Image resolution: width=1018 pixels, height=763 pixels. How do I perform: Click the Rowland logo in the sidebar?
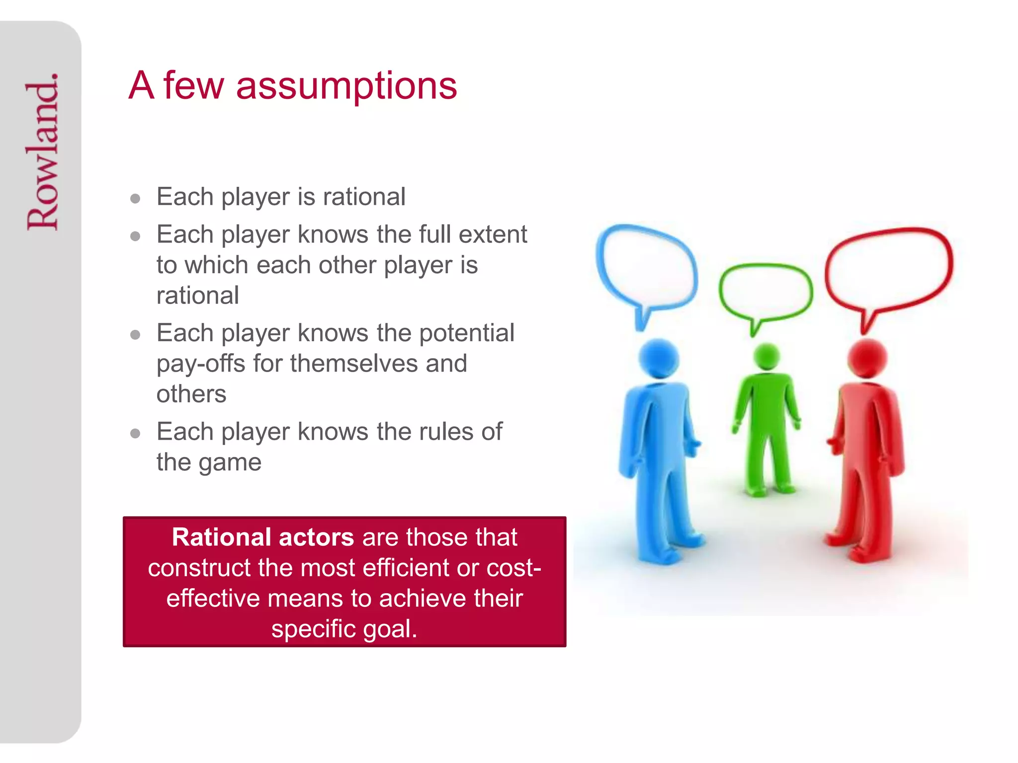pyautogui.click(x=43, y=152)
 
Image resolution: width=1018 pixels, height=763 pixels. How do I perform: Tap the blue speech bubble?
pyautogui.click(x=646, y=268)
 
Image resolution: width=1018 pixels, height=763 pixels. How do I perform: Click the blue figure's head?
pyautogui.click(x=659, y=358)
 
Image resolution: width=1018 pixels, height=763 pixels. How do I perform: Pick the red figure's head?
pyautogui.click(x=867, y=358)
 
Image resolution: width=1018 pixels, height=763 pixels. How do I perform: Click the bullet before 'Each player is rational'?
pyautogui.click(x=135, y=199)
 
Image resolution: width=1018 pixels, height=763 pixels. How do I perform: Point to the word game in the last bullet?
pyautogui.click(x=230, y=463)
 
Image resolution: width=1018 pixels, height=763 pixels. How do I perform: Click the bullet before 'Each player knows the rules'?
pyautogui.click(x=135, y=434)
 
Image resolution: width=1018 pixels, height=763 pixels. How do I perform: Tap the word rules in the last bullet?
pyautogui.click(x=445, y=432)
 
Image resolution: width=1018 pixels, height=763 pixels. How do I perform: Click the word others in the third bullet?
pyautogui.click(x=191, y=394)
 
